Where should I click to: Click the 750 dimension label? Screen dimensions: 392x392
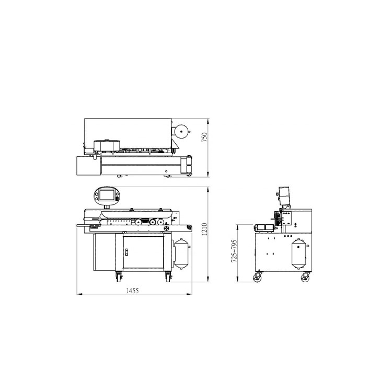tap(204, 137)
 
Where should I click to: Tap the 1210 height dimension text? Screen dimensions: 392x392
tap(204, 229)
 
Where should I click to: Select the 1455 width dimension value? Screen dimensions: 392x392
tap(132, 291)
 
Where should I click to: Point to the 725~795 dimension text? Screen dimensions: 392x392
tap(234, 251)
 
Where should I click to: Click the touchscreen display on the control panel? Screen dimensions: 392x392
tap(107, 195)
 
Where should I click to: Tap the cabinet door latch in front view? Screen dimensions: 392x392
tap(126, 252)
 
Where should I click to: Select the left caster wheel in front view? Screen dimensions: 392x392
tap(118, 277)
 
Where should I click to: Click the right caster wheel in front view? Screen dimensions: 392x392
tap(168, 277)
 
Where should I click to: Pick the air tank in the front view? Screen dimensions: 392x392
tap(182, 253)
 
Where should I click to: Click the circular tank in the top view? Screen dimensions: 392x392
tap(181, 132)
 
